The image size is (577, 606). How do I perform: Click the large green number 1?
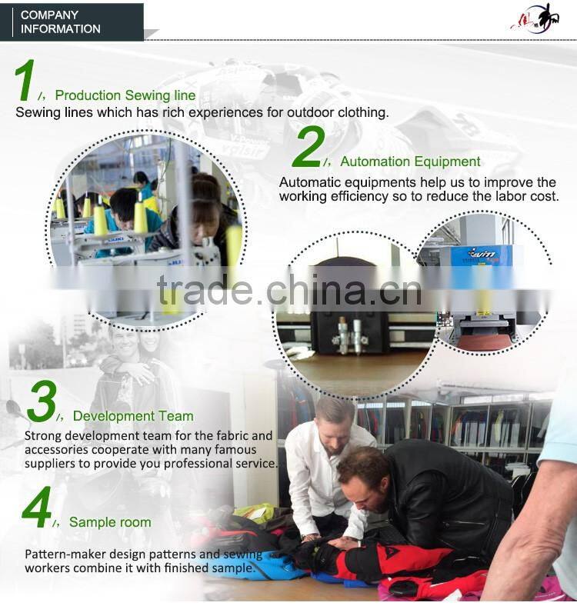[x=25, y=80]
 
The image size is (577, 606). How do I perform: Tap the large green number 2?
[x=309, y=147]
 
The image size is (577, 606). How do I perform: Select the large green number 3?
[x=42, y=401]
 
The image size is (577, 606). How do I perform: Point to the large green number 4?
[x=36, y=507]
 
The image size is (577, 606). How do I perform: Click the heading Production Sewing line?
[x=125, y=95]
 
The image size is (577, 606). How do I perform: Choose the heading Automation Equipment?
[x=410, y=161]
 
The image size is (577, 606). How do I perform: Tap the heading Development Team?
[x=133, y=416]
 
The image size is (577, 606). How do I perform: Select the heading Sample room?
[x=110, y=522]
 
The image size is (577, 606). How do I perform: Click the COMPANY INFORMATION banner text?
[x=60, y=22]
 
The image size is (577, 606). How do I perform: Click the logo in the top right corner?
[x=535, y=19]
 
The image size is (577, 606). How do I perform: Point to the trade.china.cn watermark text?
[x=289, y=289]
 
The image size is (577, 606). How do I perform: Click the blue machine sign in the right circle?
[x=482, y=255]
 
